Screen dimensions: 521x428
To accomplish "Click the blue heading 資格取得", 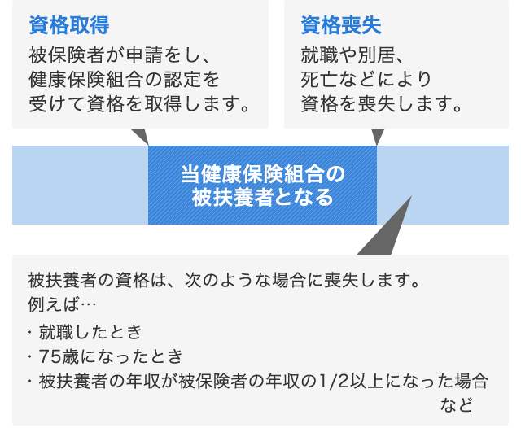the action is [x=69, y=25].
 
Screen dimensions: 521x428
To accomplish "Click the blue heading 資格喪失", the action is [x=341, y=25].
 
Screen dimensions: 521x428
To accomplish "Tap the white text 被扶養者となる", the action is [x=262, y=197].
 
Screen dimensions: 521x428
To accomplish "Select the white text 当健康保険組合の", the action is [x=263, y=174].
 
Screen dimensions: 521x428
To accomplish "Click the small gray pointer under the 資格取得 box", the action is [x=141, y=135].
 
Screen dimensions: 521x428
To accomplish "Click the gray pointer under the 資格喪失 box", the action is [x=378, y=136].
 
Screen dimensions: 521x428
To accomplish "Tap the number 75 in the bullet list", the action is [x=50, y=356].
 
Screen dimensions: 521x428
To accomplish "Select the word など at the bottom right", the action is [x=457, y=405].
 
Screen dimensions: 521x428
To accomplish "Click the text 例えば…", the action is [x=62, y=304].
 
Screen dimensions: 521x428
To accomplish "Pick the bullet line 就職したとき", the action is [x=90, y=332].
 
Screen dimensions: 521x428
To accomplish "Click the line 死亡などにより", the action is [x=366, y=80].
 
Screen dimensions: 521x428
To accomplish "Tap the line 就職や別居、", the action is [x=352, y=55].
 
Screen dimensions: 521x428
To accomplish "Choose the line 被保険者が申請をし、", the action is [x=120, y=55].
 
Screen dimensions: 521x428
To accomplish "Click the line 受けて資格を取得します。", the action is [x=139, y=103].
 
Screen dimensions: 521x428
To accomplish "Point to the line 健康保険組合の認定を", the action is [x=124, y=80].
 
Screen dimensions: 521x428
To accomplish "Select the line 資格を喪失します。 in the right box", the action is [x=382, y=103].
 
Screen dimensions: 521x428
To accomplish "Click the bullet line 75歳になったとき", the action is [x=111, y=356].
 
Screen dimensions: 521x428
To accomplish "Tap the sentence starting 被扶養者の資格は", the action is [x=224, y=281].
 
